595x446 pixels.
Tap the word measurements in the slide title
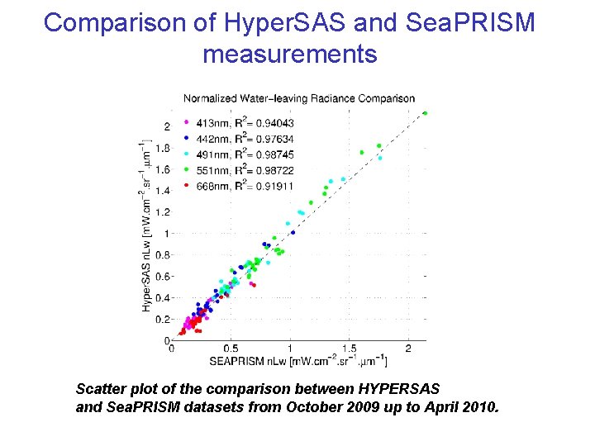click(289, 55)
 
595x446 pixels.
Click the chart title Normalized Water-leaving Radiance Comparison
click(299, 98)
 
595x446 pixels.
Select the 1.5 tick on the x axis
click(350, 349)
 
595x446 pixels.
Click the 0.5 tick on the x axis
click(231, 349)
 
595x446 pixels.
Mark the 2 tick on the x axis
click(409, 349)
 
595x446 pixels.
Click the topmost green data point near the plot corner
click(425, 113)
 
